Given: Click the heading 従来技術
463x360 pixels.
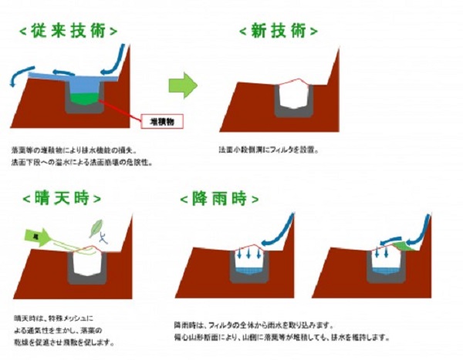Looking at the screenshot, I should tap(69, 30).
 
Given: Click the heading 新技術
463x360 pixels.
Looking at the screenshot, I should tap(278, 30).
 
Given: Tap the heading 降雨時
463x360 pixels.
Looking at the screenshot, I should tap(219, 198).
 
